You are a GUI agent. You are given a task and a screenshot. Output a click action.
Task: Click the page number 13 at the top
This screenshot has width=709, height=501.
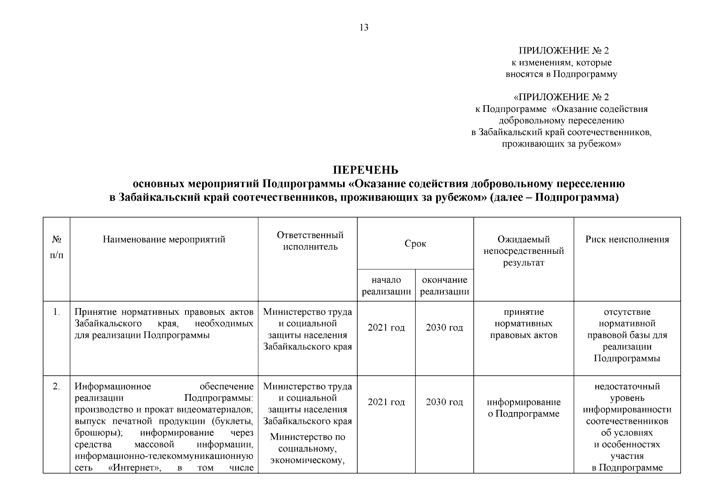pyautogui.click(x=364, y=28)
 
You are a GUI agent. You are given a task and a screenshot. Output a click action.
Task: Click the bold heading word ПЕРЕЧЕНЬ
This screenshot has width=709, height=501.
pyautogui.click(x=365, y=170)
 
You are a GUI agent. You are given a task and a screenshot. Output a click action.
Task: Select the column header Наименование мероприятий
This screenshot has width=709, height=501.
pyautogui.click(x=164, y=239)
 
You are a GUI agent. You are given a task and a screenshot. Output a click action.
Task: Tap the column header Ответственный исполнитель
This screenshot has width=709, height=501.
pyautogui.click(x=310, y=240)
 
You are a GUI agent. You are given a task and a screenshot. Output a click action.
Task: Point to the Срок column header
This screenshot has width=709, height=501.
pyautogui.click(x=415, y=244)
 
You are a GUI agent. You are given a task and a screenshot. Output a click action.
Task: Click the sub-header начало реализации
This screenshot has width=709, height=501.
pyautogui.click(x=386, y=286)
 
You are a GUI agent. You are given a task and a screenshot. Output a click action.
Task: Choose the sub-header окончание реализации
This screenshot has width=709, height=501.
pyautogui.click(x=445, y=286)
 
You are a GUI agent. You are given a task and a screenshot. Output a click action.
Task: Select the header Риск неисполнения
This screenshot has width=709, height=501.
pyautogui.click(x=627, y=239)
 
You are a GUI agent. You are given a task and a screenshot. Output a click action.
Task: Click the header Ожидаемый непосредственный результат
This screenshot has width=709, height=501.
pyautogui.click(x=523, y=251)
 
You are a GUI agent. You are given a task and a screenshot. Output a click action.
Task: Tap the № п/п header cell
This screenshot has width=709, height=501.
pyautogui.click(x=57, y=247)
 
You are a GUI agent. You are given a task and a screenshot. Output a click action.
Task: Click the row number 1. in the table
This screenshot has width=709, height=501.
pyautogui.click(x=56, y=312)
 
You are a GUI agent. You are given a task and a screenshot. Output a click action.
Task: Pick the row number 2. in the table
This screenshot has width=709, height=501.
pyautogui.click(x=56, y=387)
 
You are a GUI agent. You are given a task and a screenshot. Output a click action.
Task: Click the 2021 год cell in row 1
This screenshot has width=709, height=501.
pyautogui.click(x=386, y=328)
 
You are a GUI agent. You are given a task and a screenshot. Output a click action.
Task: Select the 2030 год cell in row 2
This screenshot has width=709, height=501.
pyautogui.click(x=445, y=402)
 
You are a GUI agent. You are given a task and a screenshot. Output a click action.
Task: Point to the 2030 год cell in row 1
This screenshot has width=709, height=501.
pyautogui.click(x=445, y=328)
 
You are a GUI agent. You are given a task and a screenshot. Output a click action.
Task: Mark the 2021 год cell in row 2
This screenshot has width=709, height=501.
pyautogui.click(x=386, y=402)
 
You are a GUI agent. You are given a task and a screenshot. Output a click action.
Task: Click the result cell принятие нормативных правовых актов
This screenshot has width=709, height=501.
pyautogui.click(x=523, y=324)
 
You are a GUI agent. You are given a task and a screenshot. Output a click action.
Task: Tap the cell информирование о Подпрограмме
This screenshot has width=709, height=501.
pyautogui.click(x=523, y=408)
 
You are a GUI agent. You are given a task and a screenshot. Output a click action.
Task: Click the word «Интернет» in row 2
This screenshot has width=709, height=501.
pyautogui.click(x=135, y=468)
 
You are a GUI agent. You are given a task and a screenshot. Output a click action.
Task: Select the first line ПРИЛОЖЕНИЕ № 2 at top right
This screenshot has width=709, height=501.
pyautogui.click(x=564, y=51)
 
